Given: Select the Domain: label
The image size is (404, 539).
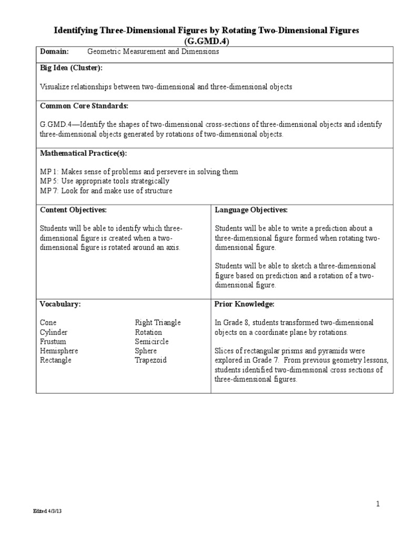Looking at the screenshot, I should (55, 52).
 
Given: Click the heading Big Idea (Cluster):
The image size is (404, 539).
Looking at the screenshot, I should (71, 68).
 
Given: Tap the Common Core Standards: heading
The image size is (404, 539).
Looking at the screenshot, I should (84, 106).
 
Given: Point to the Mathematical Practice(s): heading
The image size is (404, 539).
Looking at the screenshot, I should (84, 153).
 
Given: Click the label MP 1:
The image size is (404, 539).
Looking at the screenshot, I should (50, 172).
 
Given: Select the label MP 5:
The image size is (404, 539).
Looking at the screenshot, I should (50, 181).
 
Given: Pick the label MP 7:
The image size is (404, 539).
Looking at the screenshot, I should (50, 191).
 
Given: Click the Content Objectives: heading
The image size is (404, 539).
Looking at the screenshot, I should (73, 209).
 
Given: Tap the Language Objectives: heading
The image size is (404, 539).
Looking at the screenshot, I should (251, 209).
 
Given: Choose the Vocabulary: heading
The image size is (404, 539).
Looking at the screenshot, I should (60, 304).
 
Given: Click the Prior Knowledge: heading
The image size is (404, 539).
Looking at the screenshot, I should (245, 304).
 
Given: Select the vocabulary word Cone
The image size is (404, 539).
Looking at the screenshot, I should (48, 323).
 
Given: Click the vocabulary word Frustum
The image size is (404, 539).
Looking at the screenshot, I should (53, 342).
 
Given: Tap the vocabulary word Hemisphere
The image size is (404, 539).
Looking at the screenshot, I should (59, 351).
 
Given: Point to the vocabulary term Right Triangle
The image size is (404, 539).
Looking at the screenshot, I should (157, 323).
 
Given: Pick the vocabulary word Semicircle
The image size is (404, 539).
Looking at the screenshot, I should (151, 342).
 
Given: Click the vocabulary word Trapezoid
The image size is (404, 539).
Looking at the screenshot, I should (150, 361).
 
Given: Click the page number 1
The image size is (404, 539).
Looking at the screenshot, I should (378, 504).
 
